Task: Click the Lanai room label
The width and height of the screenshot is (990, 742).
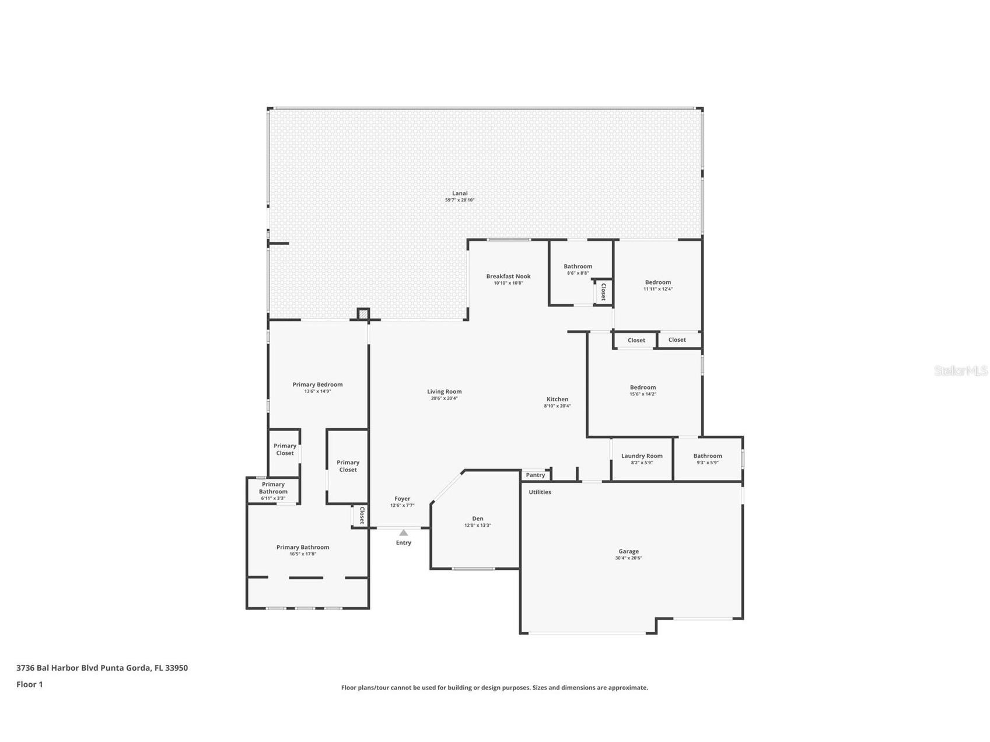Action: click(x=460, y=193)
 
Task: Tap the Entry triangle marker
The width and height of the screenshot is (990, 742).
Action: click(x=403, y=533)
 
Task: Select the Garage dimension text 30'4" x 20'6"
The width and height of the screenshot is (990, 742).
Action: click(x=628, y=558)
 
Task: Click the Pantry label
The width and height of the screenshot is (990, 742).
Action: click(x=535, y=475)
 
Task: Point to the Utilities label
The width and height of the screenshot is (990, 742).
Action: click(x=540, y=492)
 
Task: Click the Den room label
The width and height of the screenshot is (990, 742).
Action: click(x=477, y=519)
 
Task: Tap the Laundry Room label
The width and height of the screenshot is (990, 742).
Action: click(x=642, y=456)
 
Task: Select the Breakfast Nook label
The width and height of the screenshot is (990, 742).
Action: click(x=508, y=276)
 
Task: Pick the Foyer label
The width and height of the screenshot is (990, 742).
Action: click(x=402, y=499)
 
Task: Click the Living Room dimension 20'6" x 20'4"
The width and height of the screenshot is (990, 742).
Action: click(x=444, y=398)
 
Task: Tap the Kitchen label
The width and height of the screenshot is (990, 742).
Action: click(x=557, y=400)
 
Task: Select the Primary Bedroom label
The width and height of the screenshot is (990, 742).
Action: click(x=317, y=384)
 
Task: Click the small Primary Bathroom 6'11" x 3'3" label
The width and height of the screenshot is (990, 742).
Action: click(x=273, y=491)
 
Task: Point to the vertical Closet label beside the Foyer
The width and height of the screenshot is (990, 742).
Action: click(x=362, y=516)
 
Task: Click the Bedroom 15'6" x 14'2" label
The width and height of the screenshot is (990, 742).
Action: click(x=642, y=387)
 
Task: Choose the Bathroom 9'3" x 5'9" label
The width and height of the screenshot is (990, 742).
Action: click(x=707, y=456)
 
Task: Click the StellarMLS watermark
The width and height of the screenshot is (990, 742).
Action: click(x=960, y=371)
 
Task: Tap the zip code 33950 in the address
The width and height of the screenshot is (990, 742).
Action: click(x=176, y=668)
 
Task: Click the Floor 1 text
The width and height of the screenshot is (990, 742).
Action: click(x=30, y=685)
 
